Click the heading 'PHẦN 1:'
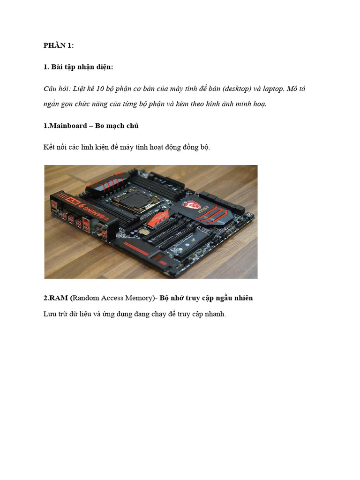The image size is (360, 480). pos(59,45)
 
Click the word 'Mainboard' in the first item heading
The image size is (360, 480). pos(66,126)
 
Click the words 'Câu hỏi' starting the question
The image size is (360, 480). pos(55,89)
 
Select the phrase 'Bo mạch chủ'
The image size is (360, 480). pos(117,126)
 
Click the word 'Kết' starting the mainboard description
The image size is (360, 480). pos(49,147)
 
